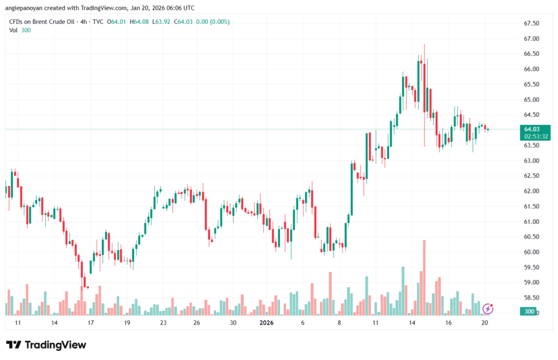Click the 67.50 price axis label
coord(531,23)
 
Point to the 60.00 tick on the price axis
coord(531,252)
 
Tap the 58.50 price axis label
coord(531,298)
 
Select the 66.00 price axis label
coord(531,69)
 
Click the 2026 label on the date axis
coord(266,323)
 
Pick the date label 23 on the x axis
coord(163,323)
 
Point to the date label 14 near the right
coord(413,323)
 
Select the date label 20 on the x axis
coord(484,323)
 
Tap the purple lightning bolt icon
coord(488,309)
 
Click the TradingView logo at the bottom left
coord(46,345)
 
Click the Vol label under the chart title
coord(13,30)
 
